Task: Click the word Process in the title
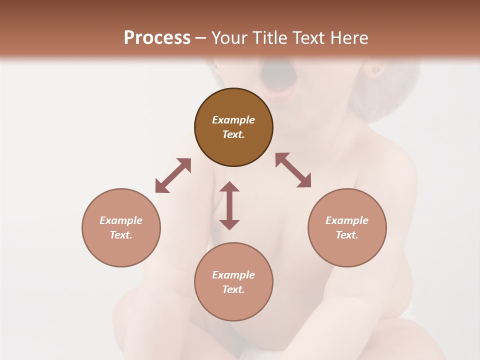click(157, 38)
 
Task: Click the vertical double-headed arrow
click(229, 205)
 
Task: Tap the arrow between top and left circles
click(173, 175)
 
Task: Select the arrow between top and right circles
click(293, 170)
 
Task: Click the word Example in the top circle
click(233, 120)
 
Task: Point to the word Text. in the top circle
click(233, 134)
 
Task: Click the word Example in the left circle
click(121, 220)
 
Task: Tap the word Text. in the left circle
click(121, 235)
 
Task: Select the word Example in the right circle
click(347, 220)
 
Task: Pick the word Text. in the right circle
click(347, 235)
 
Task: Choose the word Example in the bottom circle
click(233, 275)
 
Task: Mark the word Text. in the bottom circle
click(233, 289)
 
